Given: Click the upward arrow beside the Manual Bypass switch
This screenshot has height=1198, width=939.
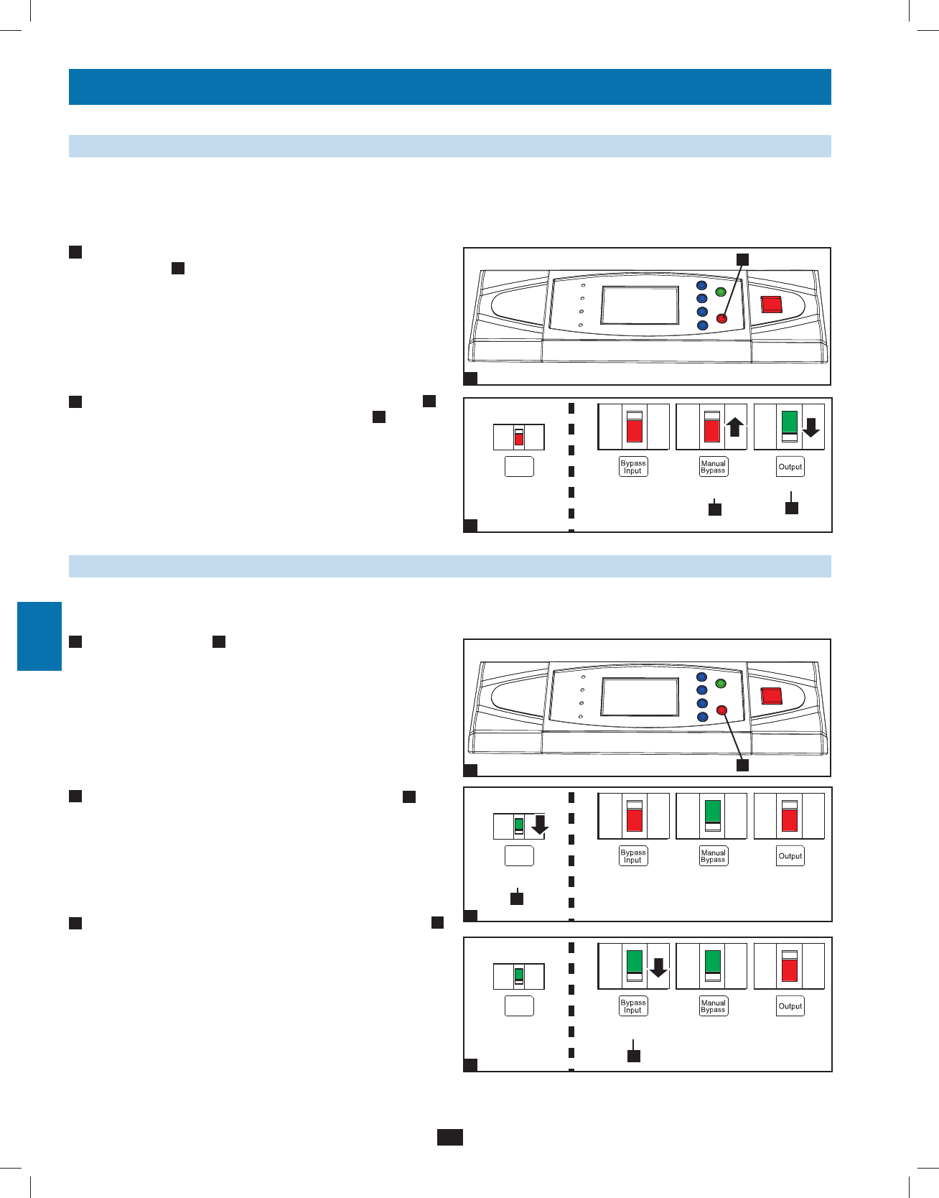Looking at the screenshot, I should click(x=734, y=427).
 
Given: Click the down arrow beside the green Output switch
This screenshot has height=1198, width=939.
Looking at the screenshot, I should click(x=810, y=428).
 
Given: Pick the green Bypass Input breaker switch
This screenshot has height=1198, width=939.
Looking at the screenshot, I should click(x=634, y=967).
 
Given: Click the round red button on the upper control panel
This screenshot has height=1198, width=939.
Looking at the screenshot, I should click(x=722, y=319).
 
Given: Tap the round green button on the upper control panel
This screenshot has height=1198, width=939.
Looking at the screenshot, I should click(x=721, y=292).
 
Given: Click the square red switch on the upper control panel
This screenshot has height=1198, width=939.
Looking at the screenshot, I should click(x=771, y=304).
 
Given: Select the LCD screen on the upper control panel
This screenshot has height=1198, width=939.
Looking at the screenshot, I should click(x=640, y=305).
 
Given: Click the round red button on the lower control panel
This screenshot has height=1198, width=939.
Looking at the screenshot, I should click(x=722, y=710).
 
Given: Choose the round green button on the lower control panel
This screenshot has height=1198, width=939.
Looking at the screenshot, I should click(x=721, y=683).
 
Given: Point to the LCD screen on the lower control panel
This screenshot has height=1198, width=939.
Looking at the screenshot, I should click(x=640, y=697).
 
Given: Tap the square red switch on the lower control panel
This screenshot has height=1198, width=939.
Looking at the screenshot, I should click(x=771, y=695).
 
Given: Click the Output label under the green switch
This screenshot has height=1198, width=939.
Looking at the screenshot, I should click(x=790, y=467).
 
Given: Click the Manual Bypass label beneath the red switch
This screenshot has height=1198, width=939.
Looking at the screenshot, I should click(x=713, y=467).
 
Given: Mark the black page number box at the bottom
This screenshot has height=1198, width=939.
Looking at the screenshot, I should click(x=450, y=1137).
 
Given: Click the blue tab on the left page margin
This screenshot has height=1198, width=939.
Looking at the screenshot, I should click(x=39, y=636).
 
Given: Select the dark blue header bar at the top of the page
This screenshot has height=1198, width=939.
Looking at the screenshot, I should click(x=449, y=87).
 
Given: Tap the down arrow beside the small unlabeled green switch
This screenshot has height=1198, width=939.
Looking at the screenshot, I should click(x=540, y=827).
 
